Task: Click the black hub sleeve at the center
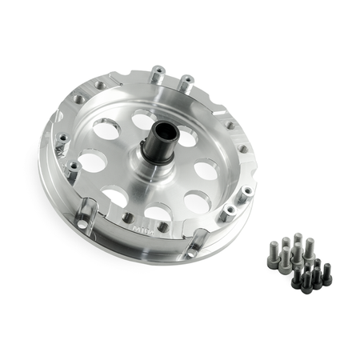pos(158,144)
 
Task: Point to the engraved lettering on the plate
pos(137,226)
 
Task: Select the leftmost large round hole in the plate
pos(93,162)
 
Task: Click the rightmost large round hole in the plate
pos(206,170)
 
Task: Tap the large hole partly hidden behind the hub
pos(143,120)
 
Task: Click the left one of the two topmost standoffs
pos(158,74)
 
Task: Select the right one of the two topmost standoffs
pos(186,82)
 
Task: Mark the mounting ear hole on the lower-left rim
pos(82,224)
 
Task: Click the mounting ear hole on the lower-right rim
pos(193,250)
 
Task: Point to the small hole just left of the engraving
pos(127,217)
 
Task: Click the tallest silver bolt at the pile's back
pos(298,242)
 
